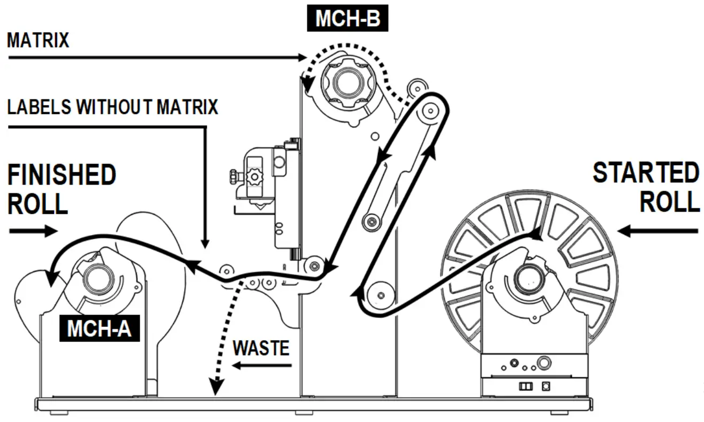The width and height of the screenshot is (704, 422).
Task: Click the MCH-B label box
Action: coord(347,19)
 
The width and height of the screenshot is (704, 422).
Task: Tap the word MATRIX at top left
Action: coord(38,41)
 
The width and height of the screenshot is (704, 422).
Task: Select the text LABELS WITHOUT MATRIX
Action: coord(113,107)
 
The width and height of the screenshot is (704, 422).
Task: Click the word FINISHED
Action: coord(62,175)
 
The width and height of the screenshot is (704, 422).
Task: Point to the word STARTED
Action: coord(645,173)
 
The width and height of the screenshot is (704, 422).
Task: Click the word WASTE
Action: coord(261,348)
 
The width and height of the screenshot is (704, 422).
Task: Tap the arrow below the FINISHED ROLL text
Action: coord(33,231)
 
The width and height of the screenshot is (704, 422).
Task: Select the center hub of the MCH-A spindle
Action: coord(98,277)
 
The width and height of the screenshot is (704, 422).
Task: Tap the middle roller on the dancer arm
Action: coord(369,221)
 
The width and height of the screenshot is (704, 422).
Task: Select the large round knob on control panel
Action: coord(543,363)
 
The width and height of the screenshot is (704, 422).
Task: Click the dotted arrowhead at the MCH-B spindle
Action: coord(307,84)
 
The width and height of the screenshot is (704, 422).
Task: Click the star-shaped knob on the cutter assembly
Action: coord(254,176)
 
